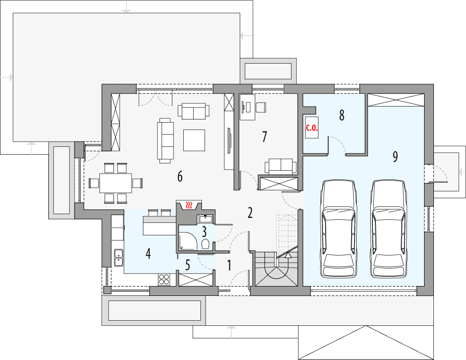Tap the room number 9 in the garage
point(395,157)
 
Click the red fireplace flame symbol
point(191,205)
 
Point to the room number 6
point(180,177)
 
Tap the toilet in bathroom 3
point(206,244)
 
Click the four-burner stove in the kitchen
point(164,279)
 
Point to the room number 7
point(265,137)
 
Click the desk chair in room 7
point(261,107)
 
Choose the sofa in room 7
point(281,166)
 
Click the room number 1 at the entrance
point(229,265)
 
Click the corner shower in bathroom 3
point(185,241)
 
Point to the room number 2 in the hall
point(250,213)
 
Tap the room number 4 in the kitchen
point(148,254)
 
